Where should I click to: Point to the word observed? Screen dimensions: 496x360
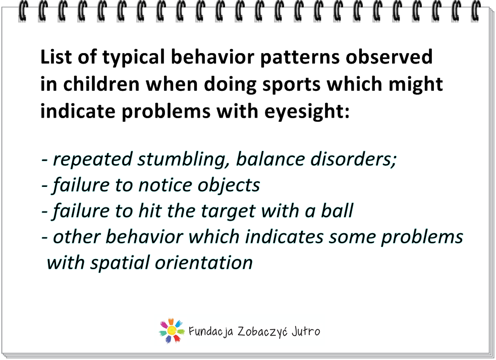389,57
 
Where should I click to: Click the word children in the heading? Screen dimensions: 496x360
101,84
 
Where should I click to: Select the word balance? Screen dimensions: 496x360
270,159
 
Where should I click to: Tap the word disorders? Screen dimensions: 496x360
353,159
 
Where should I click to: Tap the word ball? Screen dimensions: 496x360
337,211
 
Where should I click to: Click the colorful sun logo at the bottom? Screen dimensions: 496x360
172,331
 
